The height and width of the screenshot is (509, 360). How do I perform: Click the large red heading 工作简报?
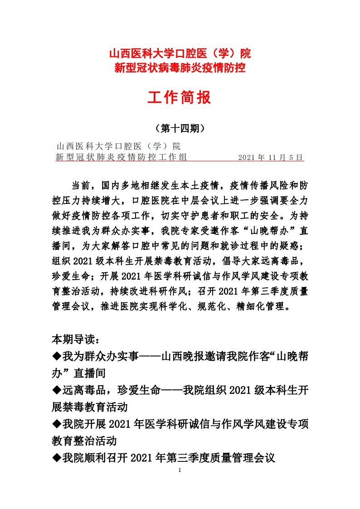click(x=180, y=97)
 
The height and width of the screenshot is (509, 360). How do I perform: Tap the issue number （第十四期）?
click(x=180, y=128)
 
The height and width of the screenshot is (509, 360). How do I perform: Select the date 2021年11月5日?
click(x=270, y=157)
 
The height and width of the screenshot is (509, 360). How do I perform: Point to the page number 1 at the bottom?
click(x=180, y=470)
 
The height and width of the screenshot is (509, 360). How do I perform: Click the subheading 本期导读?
click(x=75, y=339)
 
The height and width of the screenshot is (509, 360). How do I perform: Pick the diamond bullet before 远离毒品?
click(x=57, y=390)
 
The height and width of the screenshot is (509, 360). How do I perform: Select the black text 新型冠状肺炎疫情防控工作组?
click(x=121, y=157)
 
